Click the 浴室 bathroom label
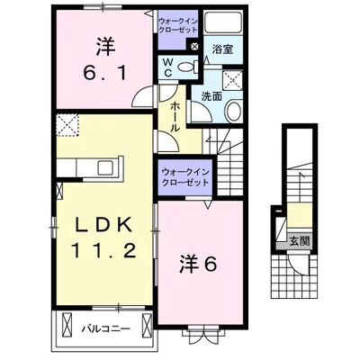tap(222, 49)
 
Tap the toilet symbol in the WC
tap(188, 67)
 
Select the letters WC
tap(168, 67)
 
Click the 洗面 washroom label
tap(211, 96)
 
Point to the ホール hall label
tap(175, 117)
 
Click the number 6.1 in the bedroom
tap(105, 74)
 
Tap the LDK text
tap(103, 225)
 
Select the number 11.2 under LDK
tap(104, 251)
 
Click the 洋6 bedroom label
tap(198, 265)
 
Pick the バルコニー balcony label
tap(106, 329)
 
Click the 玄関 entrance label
tap(299, 241)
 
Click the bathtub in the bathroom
tap(223, 22)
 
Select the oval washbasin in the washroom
tap(234, 112)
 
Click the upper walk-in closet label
tap(178, 25)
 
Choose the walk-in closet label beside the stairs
tap(185, 177)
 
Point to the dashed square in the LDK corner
tap(67, 125)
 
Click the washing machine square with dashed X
tap(232, 80)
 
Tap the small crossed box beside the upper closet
tap(194, 46)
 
